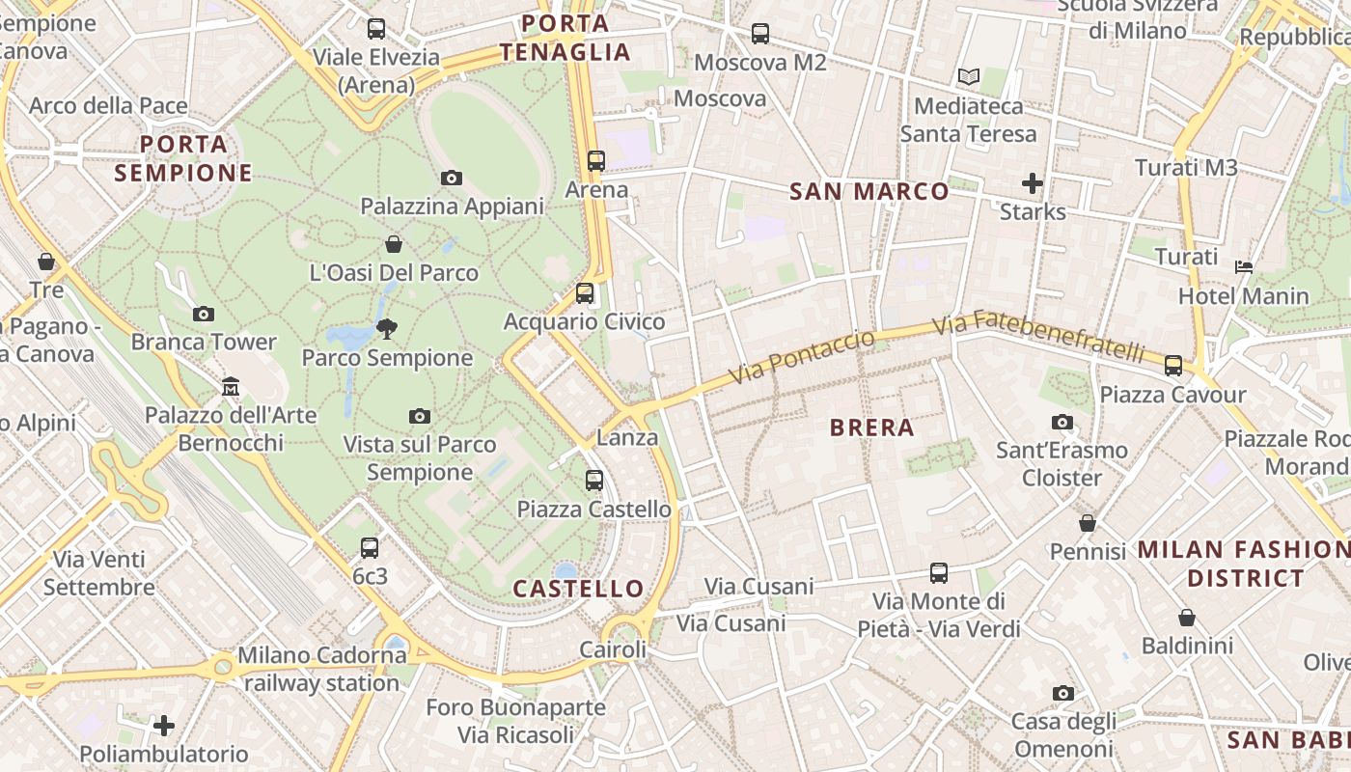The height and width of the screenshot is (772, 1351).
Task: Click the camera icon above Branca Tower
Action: pos(204,314)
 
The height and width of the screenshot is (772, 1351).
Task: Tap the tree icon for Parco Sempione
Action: pos(387,329)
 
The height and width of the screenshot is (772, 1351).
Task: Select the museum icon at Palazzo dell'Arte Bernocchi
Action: pos(231,387)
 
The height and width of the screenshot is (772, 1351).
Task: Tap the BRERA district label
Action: pos(871,427)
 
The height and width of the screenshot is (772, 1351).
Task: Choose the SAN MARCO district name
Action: pos(869,191)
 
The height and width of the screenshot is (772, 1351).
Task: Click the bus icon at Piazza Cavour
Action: pos(1173,366)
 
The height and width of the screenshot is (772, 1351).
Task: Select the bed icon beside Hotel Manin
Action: pos(1244,266)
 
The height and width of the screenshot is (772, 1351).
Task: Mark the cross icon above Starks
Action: pos(1033,182)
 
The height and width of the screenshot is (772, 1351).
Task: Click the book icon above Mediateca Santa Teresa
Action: pos(969,76)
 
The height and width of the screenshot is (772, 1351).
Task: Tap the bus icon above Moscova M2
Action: pos(760,34)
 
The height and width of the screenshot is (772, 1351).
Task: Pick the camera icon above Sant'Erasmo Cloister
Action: pos(1062,422)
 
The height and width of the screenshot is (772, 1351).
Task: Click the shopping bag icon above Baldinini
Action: pos(1187,618)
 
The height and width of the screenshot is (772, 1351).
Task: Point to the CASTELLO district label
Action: pos(578,588)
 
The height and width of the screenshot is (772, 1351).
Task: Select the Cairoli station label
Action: pos(613,649)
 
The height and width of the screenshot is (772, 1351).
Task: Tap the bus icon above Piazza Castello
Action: pos(594,480)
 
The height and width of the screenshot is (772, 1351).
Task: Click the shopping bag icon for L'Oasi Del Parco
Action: pos(394,244)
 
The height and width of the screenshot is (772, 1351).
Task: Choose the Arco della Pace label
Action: pos(108,105)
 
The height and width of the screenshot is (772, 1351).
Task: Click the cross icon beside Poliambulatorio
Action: pos(164,725)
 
